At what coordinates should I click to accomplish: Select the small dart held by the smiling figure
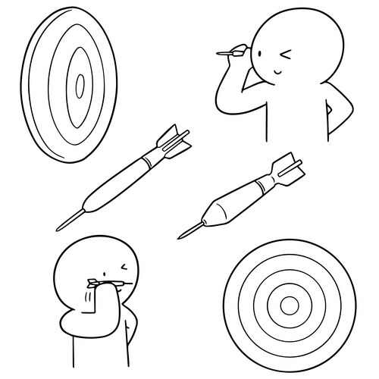226,52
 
